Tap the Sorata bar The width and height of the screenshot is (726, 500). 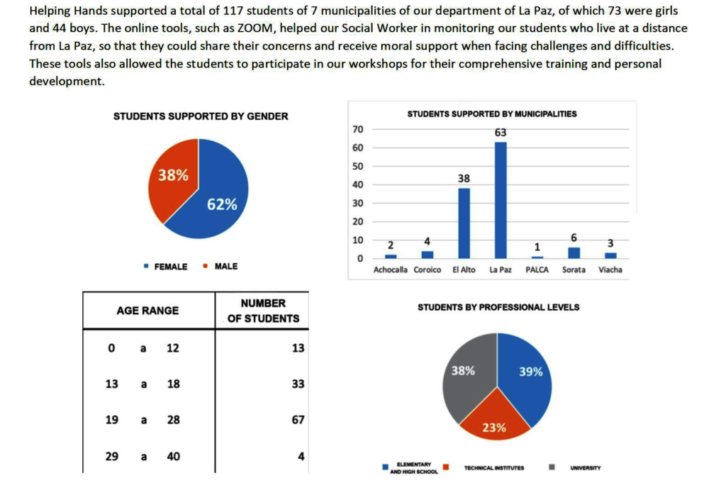574,252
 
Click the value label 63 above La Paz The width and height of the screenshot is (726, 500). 501,133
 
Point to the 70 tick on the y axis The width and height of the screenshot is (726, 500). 357,129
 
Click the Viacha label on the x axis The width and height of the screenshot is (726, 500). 610,270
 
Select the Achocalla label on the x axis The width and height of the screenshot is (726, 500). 391,270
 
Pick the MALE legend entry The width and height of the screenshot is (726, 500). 225,267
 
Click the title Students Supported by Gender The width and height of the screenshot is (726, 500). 201,116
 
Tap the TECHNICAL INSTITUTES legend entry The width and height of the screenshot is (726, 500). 493,468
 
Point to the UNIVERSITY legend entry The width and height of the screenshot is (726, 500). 585,468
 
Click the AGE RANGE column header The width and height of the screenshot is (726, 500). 147,311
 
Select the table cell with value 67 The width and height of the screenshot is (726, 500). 298,420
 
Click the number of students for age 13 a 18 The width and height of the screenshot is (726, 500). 298,384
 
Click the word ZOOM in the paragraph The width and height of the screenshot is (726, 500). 252,28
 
